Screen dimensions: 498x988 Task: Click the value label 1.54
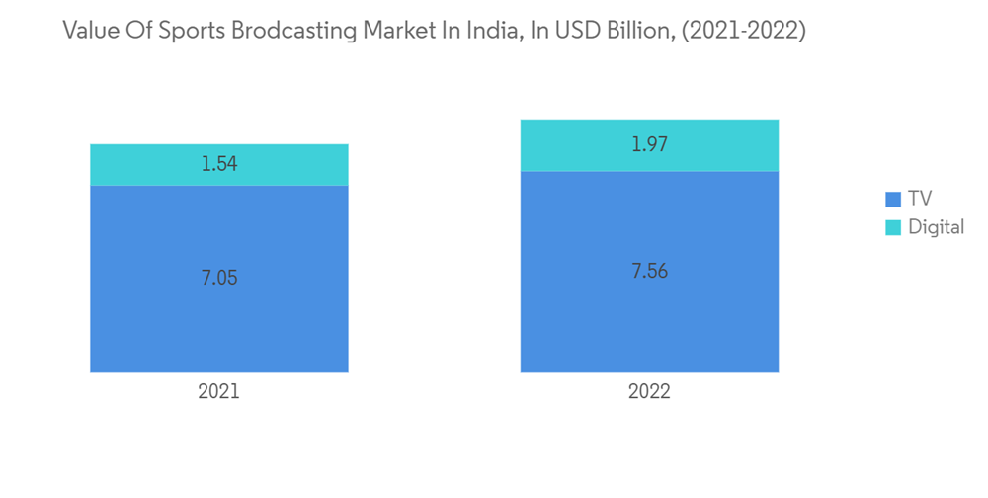coord(219,164)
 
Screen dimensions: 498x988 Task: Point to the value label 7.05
coord(219,278)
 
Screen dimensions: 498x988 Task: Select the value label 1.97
coord(649,145)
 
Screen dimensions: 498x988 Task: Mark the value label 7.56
coord(649,271)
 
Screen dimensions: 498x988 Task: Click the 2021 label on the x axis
coord(218,392)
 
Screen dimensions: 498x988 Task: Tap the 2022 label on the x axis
coord(649,392)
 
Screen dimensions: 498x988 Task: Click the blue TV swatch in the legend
coord(893,199)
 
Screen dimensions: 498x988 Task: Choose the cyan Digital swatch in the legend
coord(893,227)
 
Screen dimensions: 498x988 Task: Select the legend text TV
coord(920,199)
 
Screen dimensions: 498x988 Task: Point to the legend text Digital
coord(937,227)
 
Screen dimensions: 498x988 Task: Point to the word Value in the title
coord(90,31)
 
